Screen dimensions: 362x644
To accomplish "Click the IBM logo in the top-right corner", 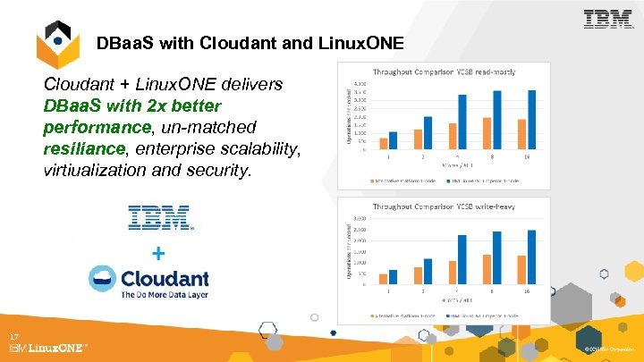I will point(607,19).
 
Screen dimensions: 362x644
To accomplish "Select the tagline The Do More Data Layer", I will point(165,294).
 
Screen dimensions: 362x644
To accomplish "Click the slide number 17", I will point(14,336).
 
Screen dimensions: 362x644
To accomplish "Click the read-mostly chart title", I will point(442,71).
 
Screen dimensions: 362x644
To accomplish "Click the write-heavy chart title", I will point(443,206).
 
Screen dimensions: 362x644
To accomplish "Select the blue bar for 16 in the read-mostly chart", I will point(531,120).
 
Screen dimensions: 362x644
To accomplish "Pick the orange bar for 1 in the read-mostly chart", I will point(384,143).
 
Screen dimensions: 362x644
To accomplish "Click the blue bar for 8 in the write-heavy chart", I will point(496,257).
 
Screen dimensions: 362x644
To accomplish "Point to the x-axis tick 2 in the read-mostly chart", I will point(423,156).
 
